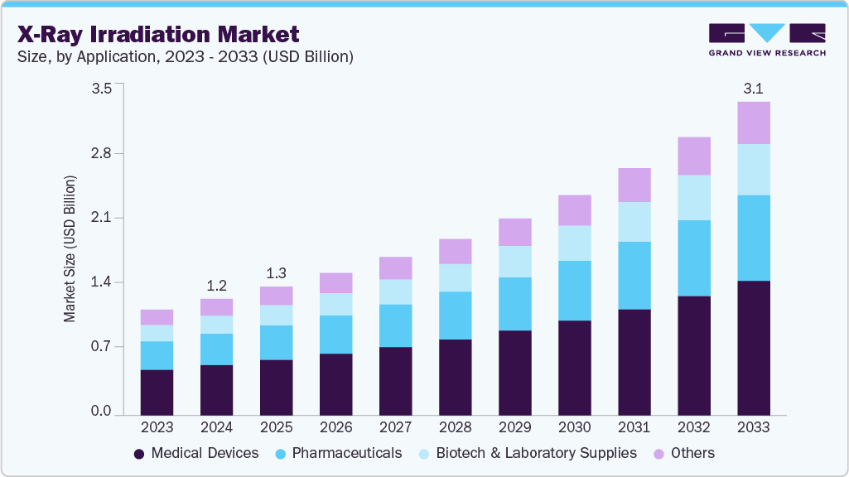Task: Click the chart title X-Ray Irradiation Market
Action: tap(157, 34)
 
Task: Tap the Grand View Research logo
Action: tap(766, 40)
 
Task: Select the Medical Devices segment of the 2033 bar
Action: tap(754, 348)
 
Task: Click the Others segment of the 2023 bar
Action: tap(157, 317)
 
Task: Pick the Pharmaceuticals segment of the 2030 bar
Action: tap(575, 291)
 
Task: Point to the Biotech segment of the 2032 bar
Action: tap(694, 197)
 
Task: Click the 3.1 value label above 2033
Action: tap(754, 87)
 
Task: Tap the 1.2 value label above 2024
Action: tap(217, 286)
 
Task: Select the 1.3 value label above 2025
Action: tap(277, 273)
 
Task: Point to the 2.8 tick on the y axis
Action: tap(100, 154)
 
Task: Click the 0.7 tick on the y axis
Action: tap(100, 347)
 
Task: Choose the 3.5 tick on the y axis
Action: tap(100, 89)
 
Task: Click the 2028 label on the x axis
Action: tap(455, 428)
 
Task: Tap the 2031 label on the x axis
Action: tap(634, 428)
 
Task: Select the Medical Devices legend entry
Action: tap(196, 453)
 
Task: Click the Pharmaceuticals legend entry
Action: tap(338, 453)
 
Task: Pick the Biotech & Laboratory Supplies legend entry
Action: tap(527, 453)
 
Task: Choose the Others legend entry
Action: tap(684, 453)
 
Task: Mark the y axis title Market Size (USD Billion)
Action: tap(70, 248)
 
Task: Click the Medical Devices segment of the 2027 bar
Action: tap(395, 381)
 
